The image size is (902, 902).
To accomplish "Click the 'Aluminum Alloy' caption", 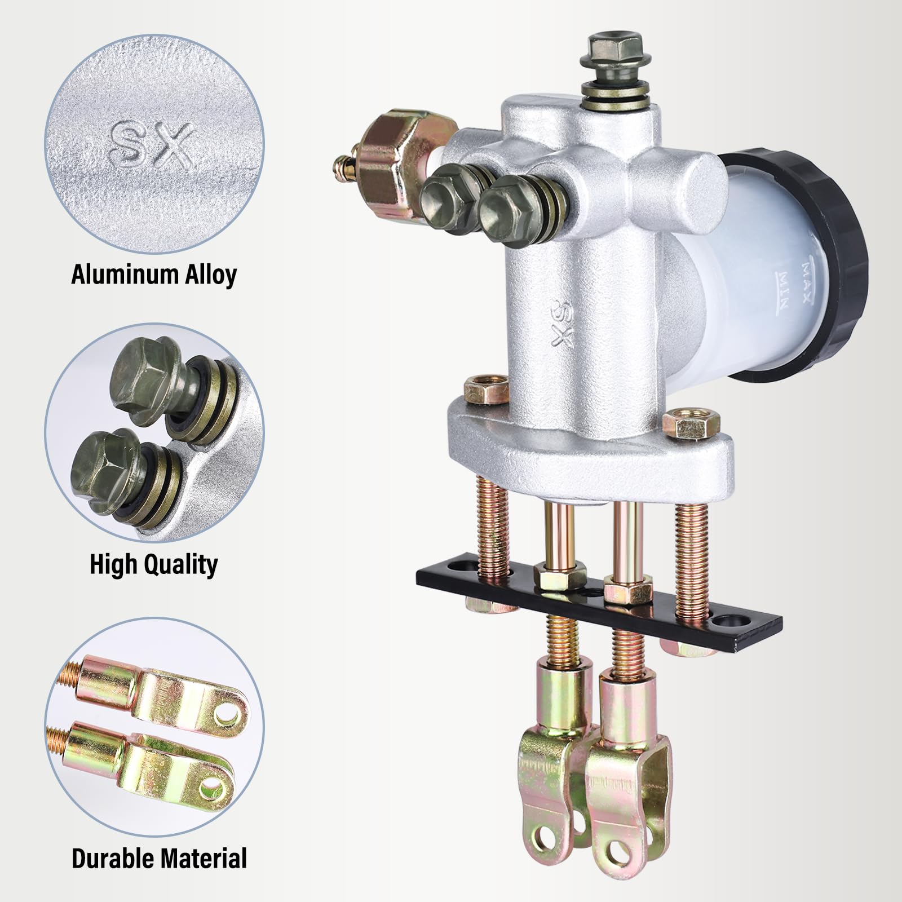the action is coord(154,275).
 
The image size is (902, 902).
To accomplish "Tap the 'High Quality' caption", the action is coord(153,564).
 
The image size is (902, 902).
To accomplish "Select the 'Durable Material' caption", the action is coord(160,858).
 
